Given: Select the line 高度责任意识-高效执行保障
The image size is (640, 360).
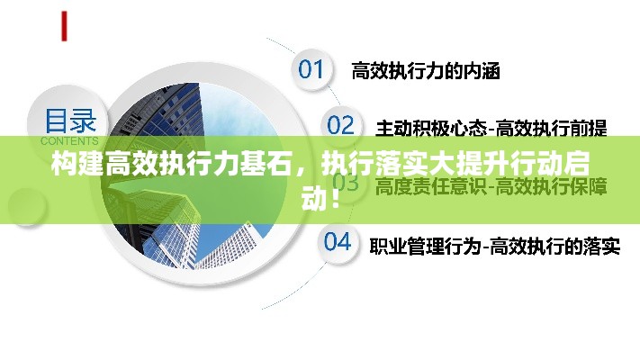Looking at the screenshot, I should click(491, 186).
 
